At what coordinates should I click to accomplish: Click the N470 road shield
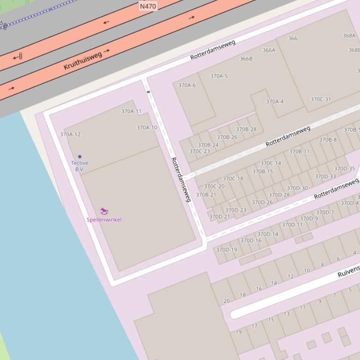click(148, 6)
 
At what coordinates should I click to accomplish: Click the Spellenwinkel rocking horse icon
click(104, 211)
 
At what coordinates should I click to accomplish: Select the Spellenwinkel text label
click(104, 220)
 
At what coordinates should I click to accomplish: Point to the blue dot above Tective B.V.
click(80, 157)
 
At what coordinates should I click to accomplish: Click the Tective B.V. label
click(80, 166)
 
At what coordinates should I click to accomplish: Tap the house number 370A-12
click(70, 134)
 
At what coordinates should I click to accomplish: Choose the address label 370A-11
click(131, 111)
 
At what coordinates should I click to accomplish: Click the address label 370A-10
click(147, 128)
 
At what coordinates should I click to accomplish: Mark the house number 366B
click(246, 59)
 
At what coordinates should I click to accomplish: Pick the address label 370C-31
click(320, 99)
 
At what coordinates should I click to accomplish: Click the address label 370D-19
click(227, 250)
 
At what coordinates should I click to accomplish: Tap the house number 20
click(227, 301)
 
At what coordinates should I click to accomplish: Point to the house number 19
click(239, 332)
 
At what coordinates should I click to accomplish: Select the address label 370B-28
click(246, 130)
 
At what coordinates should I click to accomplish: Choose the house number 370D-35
click(344, 169)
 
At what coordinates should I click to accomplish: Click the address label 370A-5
click(219, 76)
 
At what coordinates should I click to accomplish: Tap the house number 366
click(293, 38)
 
